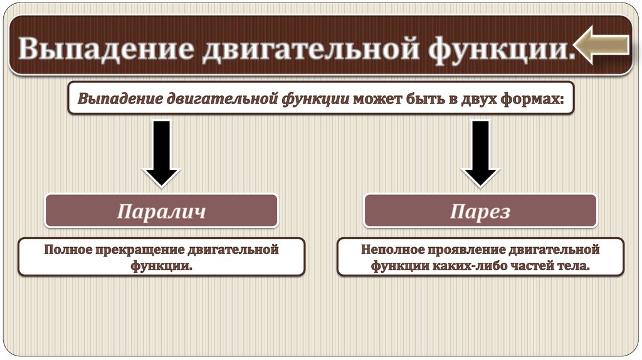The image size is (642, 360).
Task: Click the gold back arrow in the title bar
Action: click(x=603, y=46)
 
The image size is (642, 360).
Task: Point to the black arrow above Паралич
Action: click(x=162, y=154)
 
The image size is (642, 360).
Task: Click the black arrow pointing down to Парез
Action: click(x=480, y=154)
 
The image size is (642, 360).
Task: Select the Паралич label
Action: click(x=161, y=211)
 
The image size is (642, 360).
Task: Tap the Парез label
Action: click(x=480, y=211)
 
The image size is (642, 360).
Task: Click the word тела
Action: click(x=574, y=266)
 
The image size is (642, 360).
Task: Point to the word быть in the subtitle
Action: click(x=420, y=99)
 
